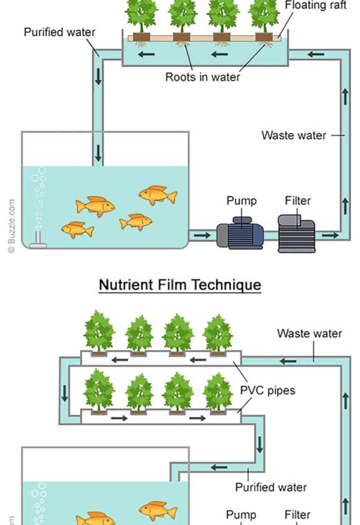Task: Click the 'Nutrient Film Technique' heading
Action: (x=180, y=285)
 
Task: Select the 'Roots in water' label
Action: (x=203, y=77)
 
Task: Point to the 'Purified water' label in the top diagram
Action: (x=60, y=33)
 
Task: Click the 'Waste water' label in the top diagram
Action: (x=294, y=135)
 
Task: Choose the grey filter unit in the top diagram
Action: (x=297, y=233)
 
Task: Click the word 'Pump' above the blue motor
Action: (x=241, y=201)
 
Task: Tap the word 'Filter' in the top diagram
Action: (x=298, y=201)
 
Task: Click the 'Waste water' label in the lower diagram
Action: (x=310, y=333)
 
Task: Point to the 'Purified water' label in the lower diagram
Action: (x=271, y=487)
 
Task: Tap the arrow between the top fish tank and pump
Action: (x=202, y=235)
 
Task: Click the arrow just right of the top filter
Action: (x=330, y=235)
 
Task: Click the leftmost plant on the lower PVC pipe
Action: (x=99, y=391)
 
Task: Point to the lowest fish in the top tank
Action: (x=78, y=229)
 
